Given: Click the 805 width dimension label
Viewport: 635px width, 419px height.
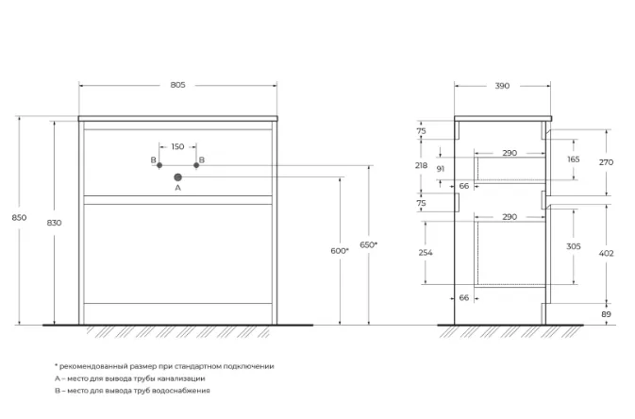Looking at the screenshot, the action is pos(177,85).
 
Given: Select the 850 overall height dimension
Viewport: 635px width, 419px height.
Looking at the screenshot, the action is pos(19,218).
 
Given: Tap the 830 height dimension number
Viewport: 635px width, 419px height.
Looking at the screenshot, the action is pos(55,223).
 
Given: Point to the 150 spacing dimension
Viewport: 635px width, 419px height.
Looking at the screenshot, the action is pos(177,146).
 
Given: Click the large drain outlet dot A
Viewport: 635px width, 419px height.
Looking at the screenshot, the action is pos(177,177).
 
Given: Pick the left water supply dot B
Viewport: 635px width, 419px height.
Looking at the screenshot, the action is pos(159,165).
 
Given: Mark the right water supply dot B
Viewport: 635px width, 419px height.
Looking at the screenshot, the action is pos(196,165).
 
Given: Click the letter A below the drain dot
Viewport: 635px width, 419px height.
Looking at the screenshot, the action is pos(177,188).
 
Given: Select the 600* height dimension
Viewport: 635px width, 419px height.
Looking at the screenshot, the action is pos(340,251).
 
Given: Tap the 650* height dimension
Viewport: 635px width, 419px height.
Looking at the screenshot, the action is pos(369,244).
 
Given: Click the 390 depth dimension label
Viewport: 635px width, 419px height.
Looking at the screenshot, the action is pos(502,86).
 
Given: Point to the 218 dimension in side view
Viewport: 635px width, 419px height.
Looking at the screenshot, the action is pos(421,165).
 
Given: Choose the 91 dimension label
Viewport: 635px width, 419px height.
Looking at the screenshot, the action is pos(441,169).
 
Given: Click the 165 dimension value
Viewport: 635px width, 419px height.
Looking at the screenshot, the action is pos(574,159).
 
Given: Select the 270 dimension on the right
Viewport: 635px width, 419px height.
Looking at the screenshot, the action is pos(607,162).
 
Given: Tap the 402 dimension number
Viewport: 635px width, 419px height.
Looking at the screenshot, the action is pos(607,254).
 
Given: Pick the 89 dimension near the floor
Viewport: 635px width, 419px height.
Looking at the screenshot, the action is pos(607,314).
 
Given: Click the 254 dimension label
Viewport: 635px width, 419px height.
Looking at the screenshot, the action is pos(426,253).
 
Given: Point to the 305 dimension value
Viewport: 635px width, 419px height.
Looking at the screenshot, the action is pos(574,246).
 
